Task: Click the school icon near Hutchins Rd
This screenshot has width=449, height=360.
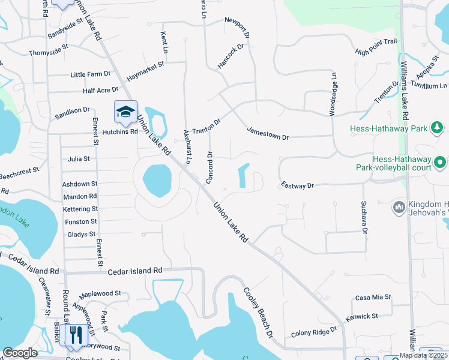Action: pos(126,112)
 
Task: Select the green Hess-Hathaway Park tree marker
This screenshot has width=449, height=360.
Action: pos(438,127)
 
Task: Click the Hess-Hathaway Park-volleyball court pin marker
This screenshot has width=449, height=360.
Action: pos(441,162)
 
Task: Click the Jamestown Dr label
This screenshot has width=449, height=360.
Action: pos(268,133)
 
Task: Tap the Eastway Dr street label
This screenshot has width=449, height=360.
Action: pos(297,186)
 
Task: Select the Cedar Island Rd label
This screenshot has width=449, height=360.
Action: pos(135,271)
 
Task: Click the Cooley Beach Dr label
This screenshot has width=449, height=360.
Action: pos(258,312)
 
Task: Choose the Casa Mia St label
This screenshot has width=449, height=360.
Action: pos(373,297)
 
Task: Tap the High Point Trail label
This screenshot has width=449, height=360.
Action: pos(376,47)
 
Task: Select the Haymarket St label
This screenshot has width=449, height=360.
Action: pos(145,64)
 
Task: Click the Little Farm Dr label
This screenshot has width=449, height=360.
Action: pos(91,74)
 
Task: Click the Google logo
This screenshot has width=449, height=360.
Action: pos(20,353)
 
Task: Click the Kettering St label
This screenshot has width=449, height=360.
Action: pos(80,209)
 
